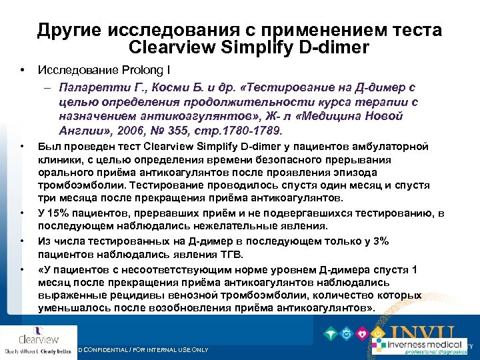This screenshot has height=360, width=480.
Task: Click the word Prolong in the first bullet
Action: [131, 69]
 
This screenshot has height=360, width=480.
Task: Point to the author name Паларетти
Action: [91, 87]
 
